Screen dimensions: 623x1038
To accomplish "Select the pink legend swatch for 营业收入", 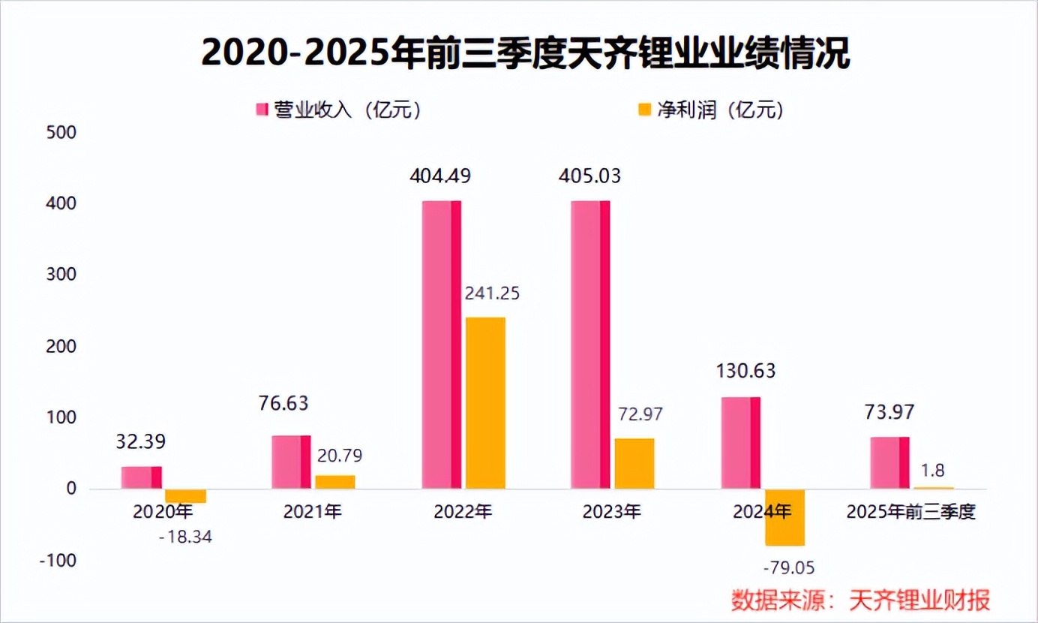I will [262, 110].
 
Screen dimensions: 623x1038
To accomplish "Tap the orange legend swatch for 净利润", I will [644, 110].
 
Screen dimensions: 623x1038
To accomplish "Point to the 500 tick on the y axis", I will [62, 133].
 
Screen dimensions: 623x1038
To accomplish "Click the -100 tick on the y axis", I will [58, 561].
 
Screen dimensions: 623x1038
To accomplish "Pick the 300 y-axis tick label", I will [62, 275].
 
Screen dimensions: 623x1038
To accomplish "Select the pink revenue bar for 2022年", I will [442, 345].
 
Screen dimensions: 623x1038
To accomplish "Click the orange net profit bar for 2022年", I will [485, 403].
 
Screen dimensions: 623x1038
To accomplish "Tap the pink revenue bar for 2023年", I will [590, 345].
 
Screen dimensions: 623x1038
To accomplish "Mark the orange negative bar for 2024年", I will [784, 518].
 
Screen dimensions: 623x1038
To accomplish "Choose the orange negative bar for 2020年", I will [185, 496].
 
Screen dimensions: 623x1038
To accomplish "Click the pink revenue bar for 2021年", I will [291, 462].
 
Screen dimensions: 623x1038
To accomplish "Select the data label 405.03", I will [590, 176].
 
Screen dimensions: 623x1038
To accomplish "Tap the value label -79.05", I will [787, 566].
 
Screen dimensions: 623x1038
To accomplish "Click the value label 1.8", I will [933, 471].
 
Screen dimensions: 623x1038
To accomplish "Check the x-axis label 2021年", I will [313, 513].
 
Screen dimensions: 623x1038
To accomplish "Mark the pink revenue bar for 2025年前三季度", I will [890, 463].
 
